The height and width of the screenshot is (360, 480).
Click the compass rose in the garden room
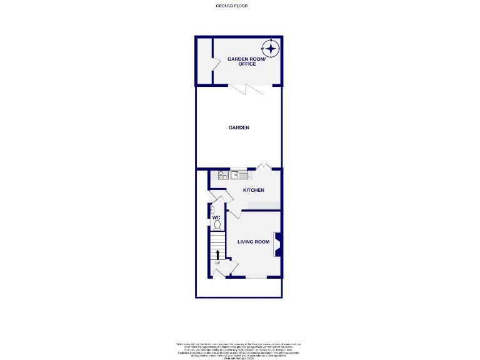(271, 48)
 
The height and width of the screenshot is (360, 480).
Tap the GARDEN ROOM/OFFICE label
(246, 61)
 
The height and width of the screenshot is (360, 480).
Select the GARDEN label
(239, 127)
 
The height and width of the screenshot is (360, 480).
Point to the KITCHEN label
(254, 190)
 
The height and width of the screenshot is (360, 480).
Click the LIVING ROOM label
(253, 242)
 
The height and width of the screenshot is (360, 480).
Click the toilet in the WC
(217, 224)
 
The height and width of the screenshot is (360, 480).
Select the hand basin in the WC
(212, 209)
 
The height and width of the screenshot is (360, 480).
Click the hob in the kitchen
(223, 175)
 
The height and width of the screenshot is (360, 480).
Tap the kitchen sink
(239, 175)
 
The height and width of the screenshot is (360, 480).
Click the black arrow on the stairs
(217, 254)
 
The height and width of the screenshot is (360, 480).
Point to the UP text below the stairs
(217, 263)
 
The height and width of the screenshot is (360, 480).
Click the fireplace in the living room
(277, 244)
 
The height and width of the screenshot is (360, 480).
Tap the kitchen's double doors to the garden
(263, 166)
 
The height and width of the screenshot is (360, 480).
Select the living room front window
(256, 277)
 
